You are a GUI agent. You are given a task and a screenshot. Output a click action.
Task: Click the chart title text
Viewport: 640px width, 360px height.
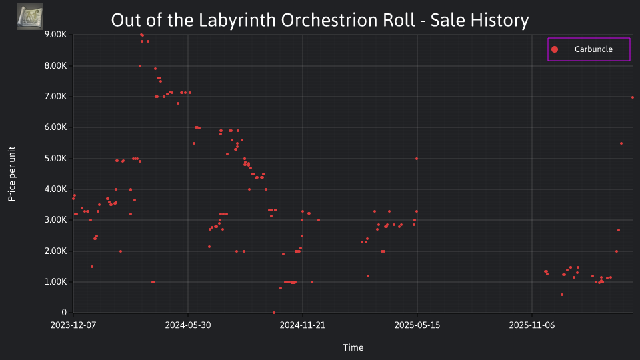[320, 20]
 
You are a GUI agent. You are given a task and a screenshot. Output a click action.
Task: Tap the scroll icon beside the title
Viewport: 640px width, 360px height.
[30, 17]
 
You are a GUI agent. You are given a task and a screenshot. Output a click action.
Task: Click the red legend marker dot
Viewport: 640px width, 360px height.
[554, 49]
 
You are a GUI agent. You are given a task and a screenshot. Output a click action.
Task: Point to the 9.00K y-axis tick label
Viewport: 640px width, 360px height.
[55, 35]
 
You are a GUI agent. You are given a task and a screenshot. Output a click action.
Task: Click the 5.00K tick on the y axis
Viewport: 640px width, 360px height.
[55, 159]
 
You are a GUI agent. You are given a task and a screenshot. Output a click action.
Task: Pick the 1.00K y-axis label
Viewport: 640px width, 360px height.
[55, 281]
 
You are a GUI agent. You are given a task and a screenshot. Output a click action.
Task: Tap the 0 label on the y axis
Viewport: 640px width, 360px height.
[64, 313]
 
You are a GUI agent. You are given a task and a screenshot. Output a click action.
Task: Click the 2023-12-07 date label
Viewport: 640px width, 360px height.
[73, 325]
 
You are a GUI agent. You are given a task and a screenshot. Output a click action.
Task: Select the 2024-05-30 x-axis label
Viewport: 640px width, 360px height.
[188, 325]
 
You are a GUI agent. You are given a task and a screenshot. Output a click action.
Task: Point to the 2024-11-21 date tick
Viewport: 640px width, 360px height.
[303, 325]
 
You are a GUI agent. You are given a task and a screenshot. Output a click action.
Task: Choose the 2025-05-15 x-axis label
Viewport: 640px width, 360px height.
[417, 325]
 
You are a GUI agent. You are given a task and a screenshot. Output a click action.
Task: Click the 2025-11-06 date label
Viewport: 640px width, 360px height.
[532, 325]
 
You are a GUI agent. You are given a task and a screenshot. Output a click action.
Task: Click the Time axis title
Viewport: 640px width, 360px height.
[353, 347]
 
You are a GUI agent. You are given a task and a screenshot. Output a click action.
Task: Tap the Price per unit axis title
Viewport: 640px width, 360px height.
[12, 174]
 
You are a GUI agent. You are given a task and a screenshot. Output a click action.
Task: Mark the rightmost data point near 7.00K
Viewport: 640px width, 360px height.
[633, 97]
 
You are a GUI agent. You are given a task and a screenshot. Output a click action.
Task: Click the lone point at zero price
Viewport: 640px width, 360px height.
[274, 313]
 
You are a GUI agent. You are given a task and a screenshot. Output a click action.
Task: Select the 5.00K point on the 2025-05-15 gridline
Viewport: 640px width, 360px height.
[416, 159]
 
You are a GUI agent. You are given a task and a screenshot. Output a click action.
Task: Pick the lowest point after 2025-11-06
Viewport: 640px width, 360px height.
[562, 295]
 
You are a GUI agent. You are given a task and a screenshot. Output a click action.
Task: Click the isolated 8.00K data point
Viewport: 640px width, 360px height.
[140, 66]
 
